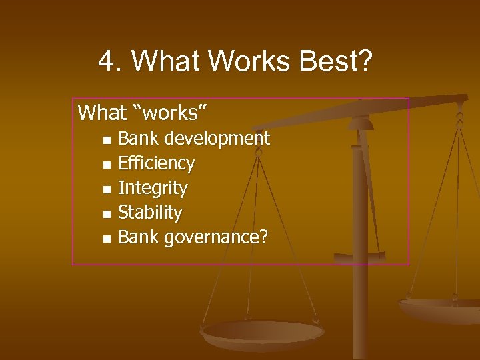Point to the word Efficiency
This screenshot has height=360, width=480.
click(x=156, y=163)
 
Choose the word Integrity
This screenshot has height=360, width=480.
click(x=153, y=188)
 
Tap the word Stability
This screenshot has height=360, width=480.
click(x=150, y=213)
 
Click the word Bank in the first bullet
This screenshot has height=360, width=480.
click(x=138, y=139)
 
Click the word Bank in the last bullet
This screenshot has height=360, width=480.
click(x=138, y=237)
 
